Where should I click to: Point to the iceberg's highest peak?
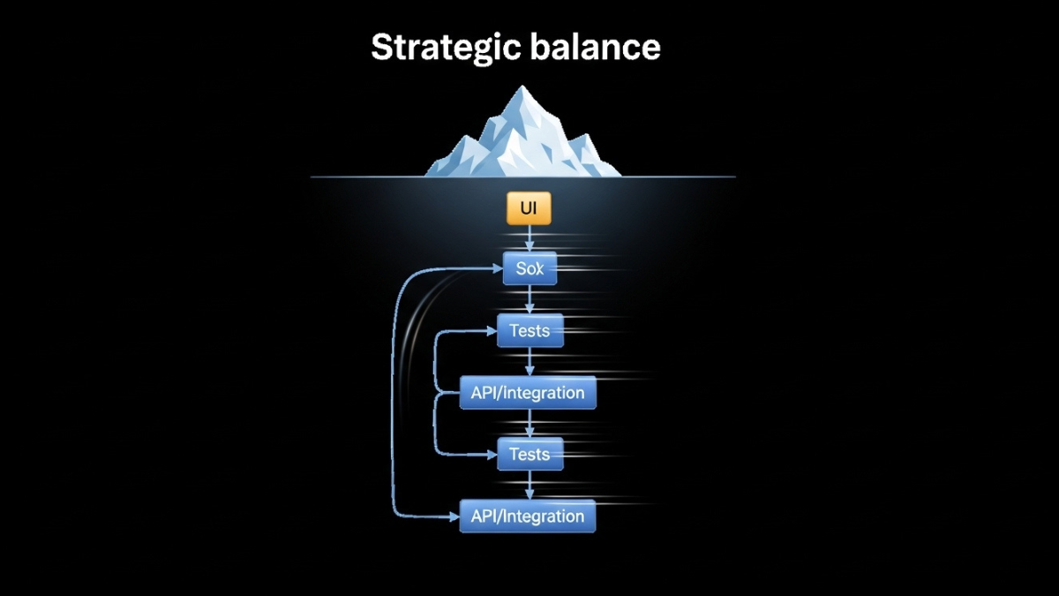[x=524, y=88]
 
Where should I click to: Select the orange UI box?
[x=529, y=209]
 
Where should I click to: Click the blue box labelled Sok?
[x=529, y=268]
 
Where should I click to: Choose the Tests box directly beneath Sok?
[x=529, y=331]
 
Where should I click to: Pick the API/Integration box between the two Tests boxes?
[x=528, y=393]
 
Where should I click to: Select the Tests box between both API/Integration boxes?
[x=529, y=455]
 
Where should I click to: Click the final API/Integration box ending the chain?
[x=528, y=517]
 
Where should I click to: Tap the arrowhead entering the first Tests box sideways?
[x=492, y=331]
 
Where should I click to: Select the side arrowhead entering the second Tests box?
[x=492, y=455]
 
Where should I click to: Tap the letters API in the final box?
[x=484, y=517]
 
